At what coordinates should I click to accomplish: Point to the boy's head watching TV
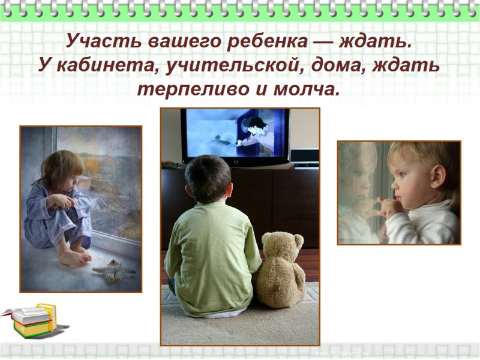coord(208,179)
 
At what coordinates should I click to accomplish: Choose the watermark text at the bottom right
coord(340,352)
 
